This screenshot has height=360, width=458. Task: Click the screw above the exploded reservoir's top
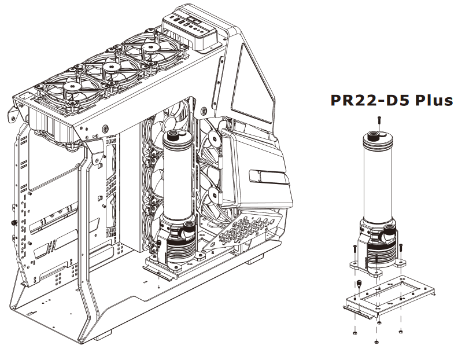click(379, 120)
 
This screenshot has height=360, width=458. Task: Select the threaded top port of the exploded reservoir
click(372, 135)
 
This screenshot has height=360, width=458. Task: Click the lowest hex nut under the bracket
click(377, 341)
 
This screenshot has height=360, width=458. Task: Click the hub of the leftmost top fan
click(71, 87)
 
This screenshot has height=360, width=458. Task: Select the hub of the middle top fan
click(110, 67)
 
